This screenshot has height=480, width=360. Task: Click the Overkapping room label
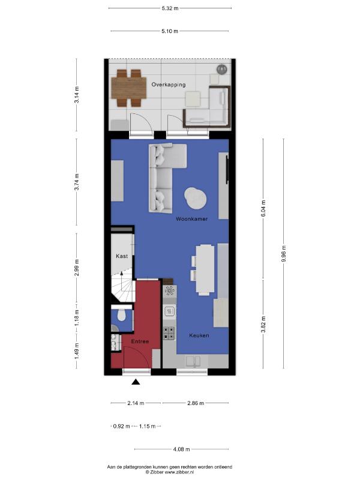point(169,85)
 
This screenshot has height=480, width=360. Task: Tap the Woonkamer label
point(191,219)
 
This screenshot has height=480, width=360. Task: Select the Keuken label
point(199,335)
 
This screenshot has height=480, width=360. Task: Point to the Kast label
point(122,256)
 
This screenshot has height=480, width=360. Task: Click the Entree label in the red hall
point(140,341)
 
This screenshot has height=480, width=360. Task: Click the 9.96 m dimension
point(284,254)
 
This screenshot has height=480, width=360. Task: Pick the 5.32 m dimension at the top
point(170,8)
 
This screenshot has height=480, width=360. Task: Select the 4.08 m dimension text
point(181,449)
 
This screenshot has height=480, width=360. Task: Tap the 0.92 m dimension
point(121,426)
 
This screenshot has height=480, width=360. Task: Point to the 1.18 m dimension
point(77,318)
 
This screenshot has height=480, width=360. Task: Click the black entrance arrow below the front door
point(136,382)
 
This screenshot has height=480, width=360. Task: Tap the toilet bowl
point(122,316)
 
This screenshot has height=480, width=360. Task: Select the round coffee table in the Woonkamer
point(196,198)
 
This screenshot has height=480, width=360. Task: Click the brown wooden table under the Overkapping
point(128,88)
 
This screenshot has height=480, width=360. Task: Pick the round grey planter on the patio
point(221,70)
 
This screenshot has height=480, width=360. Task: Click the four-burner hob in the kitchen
point(169,333)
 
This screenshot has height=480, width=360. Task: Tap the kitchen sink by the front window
point(193,361)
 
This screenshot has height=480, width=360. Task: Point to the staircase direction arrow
point(122,281)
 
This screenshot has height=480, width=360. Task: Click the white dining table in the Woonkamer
point(205,269)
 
